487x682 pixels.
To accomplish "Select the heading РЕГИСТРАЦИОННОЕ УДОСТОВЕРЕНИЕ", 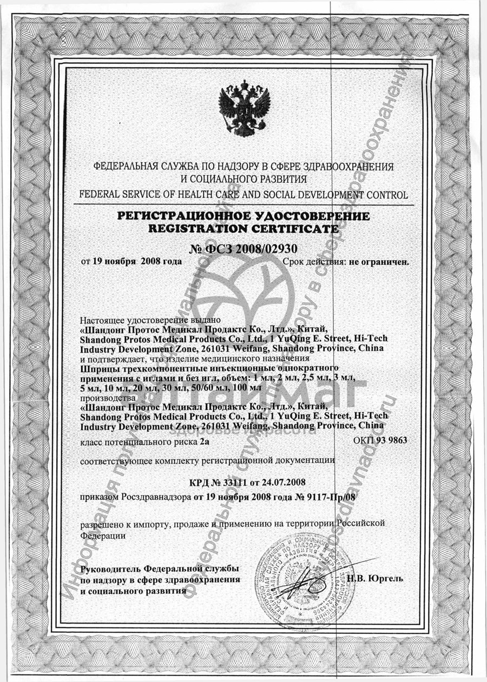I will tap(243, 216).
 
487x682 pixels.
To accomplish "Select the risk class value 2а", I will tap(205, 442).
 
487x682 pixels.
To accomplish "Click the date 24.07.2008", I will tap(287, 481).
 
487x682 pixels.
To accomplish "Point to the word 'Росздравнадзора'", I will tap(156, 495).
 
